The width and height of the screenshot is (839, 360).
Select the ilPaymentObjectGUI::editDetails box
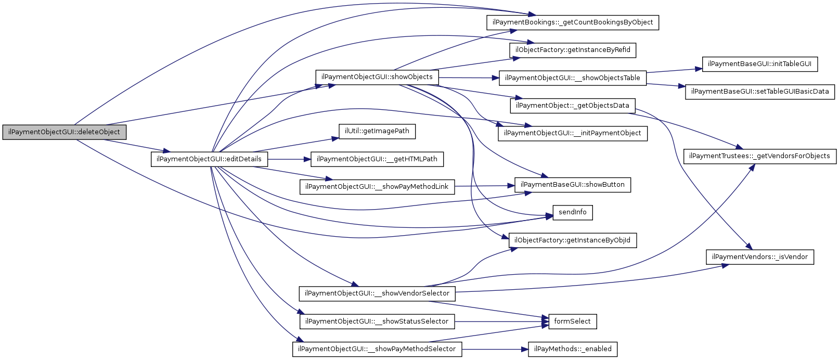(209, 159)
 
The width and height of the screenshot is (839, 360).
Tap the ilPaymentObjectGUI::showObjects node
(377, 77)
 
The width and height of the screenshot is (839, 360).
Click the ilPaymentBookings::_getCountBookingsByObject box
(573, 22)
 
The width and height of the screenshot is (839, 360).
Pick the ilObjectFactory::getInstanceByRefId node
(573, 50)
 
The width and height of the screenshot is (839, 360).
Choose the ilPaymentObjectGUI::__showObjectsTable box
(573, 78)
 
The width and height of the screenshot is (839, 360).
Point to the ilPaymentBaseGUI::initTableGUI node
(760, 64)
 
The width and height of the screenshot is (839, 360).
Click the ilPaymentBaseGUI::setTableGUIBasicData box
(760, 92)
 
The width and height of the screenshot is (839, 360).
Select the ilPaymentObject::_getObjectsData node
(573, 106)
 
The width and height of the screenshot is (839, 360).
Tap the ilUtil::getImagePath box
(377, 131)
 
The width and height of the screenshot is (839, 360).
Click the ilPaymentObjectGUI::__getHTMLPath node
(377, 159)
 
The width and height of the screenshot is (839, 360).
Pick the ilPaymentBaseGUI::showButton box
(573, 185)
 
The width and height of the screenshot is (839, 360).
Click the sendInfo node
(573, 212)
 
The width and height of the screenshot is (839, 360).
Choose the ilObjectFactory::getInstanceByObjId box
(573, 240)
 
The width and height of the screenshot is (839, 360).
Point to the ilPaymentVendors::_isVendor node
(760, 257)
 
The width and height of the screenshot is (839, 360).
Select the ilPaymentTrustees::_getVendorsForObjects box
(760, 156)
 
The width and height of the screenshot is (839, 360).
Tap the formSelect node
(573, 322)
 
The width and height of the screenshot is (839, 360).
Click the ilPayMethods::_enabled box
(573, 349)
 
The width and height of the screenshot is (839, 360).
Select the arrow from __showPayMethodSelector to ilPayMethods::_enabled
(494, 349)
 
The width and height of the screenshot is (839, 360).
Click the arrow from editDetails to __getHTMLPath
(289, 159)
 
